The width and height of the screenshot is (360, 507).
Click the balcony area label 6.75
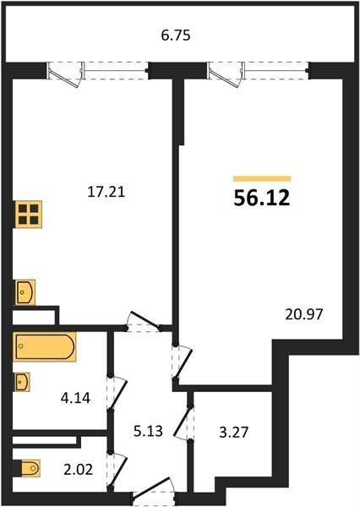point(176,35)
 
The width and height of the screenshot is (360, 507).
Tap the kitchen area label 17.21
point(106,193)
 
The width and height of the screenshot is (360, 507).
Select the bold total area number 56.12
point(262,199)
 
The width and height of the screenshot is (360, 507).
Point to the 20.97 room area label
point(304,314)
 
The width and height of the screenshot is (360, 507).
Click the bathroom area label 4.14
point(75,398)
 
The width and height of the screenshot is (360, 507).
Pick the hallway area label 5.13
point(148,431)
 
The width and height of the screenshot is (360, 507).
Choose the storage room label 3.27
point(233,432)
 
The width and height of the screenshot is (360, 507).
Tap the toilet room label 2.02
point(78,470)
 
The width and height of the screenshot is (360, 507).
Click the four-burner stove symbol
point(29,215)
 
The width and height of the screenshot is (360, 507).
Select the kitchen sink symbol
point(25,292)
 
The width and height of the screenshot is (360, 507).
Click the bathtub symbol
point(45,346)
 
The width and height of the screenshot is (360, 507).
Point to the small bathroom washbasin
point(22,382)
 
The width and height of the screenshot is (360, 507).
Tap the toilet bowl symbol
point(30,468)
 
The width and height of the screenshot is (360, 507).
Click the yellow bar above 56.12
point(262,179)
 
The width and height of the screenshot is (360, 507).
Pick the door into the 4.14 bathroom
point(117,393)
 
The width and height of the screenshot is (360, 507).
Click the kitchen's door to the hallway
point(145,321)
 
